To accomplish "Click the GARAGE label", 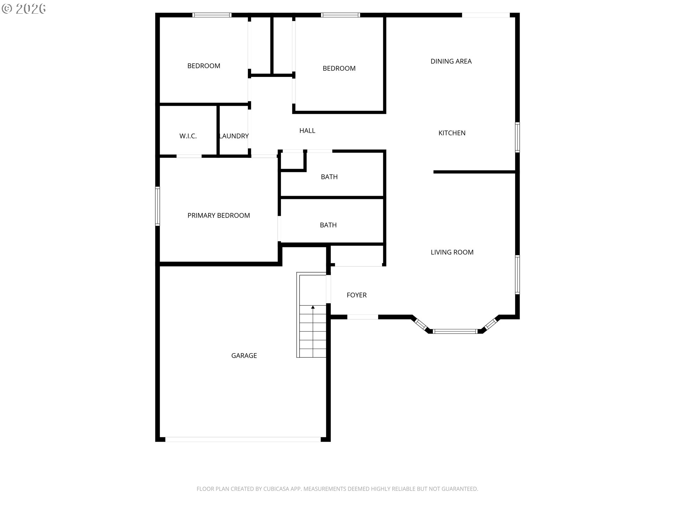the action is click(244, 356).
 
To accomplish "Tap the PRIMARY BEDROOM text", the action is click(219, 215).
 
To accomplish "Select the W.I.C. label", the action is click(188, 136).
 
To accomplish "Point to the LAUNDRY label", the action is click(234, 136).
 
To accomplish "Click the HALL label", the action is click(307, 131).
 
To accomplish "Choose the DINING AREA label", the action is click(451, 61).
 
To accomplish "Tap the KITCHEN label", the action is click(452, 133).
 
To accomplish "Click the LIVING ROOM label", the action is click(452, 252).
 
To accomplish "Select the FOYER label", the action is click(356, 295).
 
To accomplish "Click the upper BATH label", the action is click(329, 177).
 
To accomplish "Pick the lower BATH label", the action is click(328, 225).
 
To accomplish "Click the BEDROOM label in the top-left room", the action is click(204, 66).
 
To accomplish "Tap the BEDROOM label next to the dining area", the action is click(339, 68).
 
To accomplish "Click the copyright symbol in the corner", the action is click(7, 9).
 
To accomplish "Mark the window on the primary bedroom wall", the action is click(157, 206).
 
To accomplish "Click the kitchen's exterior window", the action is click(517, 137).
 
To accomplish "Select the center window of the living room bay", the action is click(455, 331).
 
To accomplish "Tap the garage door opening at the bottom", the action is click(243, 439).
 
